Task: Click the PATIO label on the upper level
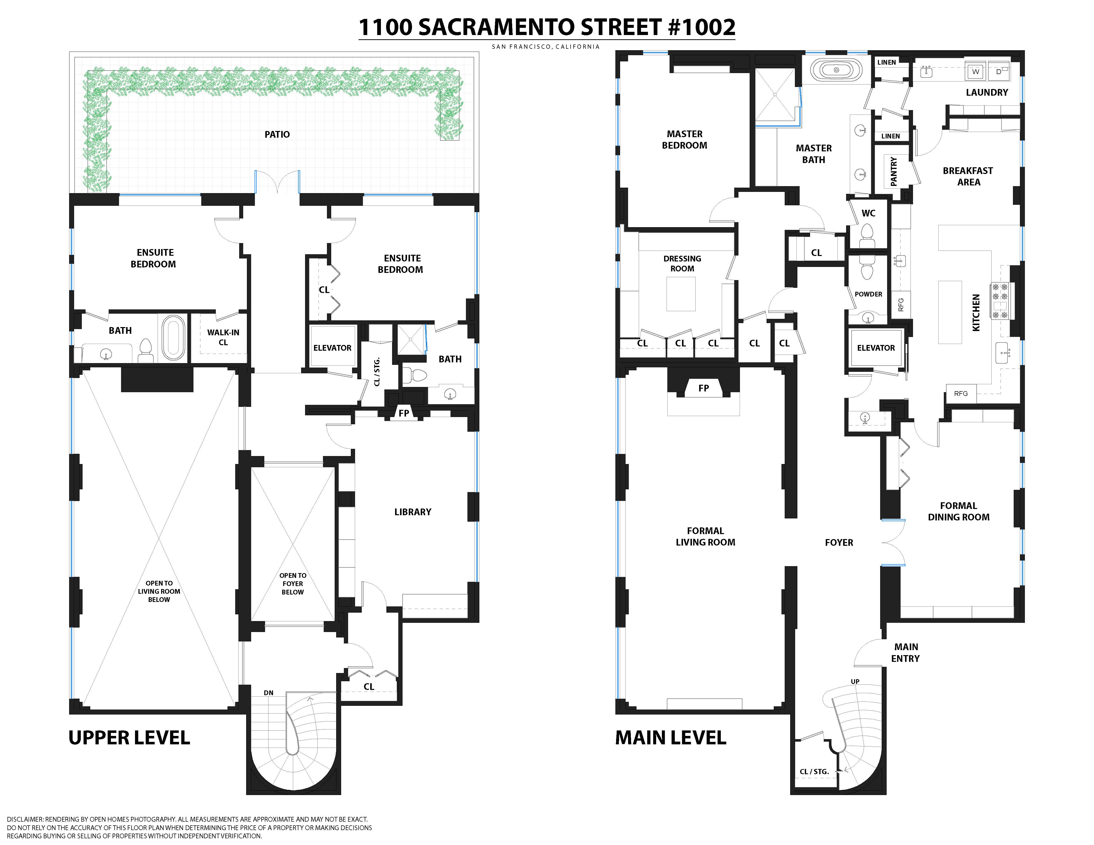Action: tap(277, 134)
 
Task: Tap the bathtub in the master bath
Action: tap(836, 70)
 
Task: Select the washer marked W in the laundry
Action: tap(975, 72)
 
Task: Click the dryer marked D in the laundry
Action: tap(998, 72)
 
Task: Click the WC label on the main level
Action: tap(868, 213)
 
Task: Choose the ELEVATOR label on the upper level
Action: tap(332, 348)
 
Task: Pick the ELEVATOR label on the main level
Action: tap(876, 348)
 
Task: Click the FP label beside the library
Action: tap(404, 413)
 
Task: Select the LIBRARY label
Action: tap(413, 512)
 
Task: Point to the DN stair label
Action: tap(269, 693)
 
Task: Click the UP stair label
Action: tap(855, 681)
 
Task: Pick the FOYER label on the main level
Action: tap(839, 542)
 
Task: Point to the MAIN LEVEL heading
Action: tap(671, 737)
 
